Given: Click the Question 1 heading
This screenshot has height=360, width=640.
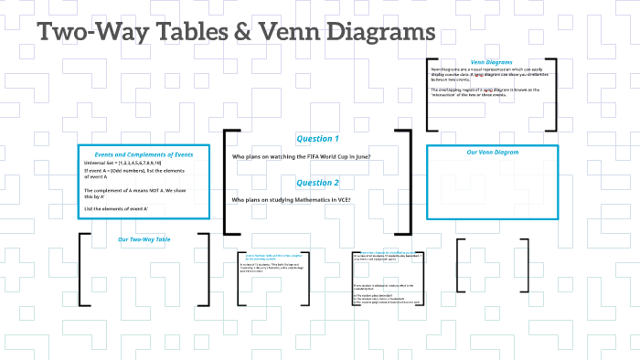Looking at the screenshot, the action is pos(317,139).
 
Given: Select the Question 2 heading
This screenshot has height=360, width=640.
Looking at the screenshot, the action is pos(317,183).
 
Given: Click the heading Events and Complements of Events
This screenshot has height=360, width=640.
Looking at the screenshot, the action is pos(144,154).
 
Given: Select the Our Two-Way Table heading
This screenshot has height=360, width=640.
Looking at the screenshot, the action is pos(144,239).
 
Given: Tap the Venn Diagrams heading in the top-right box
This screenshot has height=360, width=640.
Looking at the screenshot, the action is pos(489,61).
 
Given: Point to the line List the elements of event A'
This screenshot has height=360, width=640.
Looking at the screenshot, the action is pos(116,209).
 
